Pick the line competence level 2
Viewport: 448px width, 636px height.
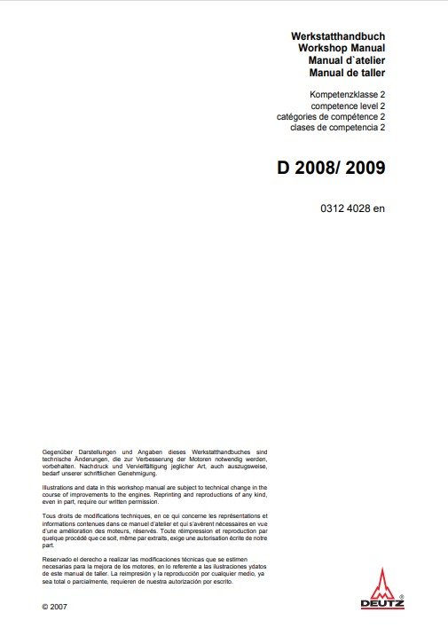click(x=342, y=105)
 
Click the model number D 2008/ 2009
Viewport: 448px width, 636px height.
click(x=331, y=166)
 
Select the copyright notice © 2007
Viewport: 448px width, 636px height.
click(x=54, y=606)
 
